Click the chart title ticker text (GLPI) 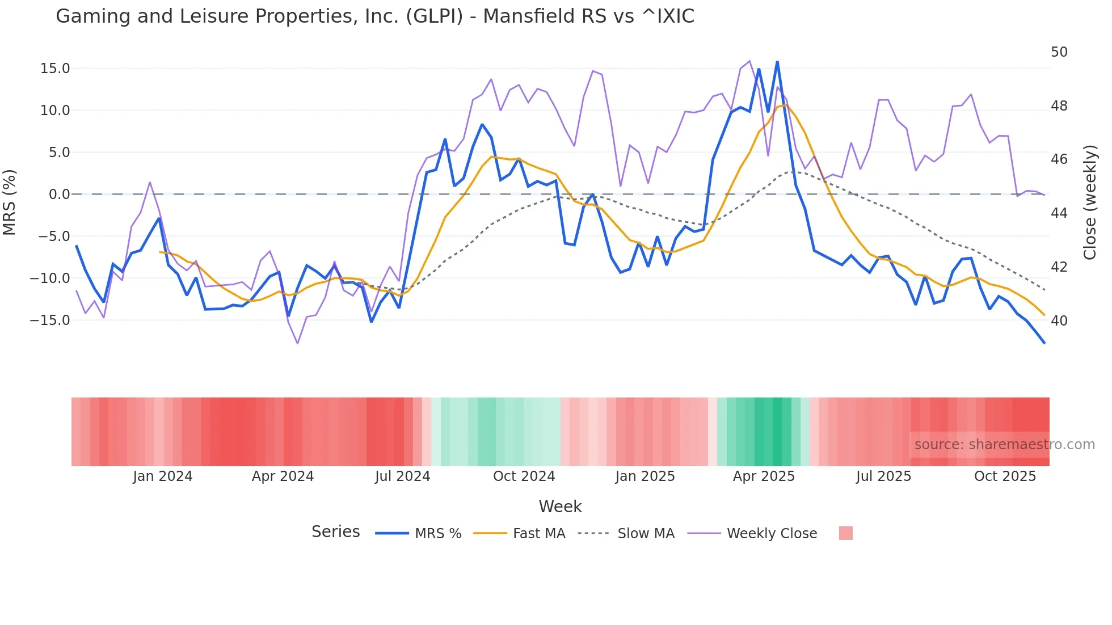(434, 16)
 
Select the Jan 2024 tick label (163, 476)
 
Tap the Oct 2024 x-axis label (524, 476)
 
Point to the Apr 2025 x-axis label (764, 476)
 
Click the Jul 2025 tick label (883, 476)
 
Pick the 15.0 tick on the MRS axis (55, 69)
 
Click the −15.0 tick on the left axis (50, 320)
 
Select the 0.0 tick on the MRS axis (59, 195)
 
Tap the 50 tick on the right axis (1059, 52)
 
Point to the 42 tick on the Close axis (1059, 267)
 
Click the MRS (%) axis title (10, 202)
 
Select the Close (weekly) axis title (1089, 202)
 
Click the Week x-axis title (560, 506)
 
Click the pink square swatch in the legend (845, 533)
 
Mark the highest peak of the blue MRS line (777, 62)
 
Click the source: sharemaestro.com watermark (1004, 445)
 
